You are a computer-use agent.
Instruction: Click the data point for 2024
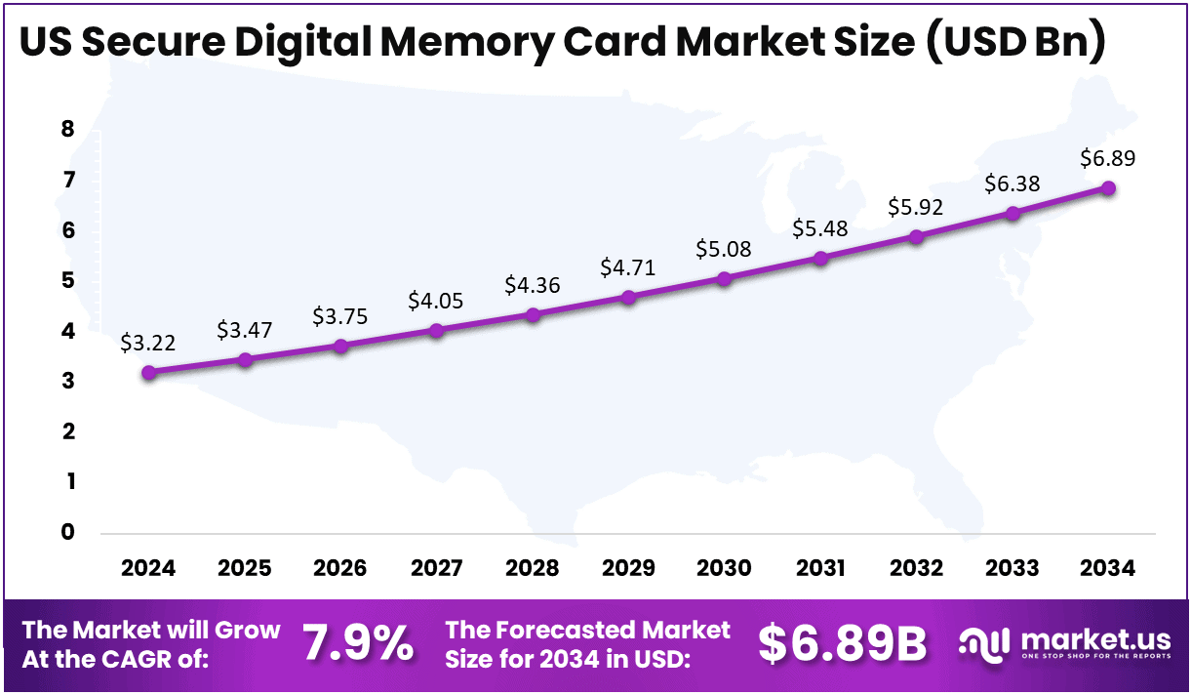tap(148, 372)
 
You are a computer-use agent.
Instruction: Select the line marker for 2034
tap(1108, 187)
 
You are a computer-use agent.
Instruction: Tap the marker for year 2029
tap(628, 297)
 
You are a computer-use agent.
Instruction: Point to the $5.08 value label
tap(724, 249)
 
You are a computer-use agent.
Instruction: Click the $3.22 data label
tap(148, 343)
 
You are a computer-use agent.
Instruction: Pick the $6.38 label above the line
tap(1012, 184)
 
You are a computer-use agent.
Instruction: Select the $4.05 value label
tap(436, 301)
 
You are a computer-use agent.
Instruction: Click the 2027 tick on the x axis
tap(436, 568)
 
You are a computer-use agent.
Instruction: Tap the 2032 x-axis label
tap(916, 568)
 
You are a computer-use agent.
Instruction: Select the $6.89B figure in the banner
tap(842, 643)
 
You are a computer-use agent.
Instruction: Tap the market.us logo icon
tap(983, 643)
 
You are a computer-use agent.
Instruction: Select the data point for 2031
tap(820, 258)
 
